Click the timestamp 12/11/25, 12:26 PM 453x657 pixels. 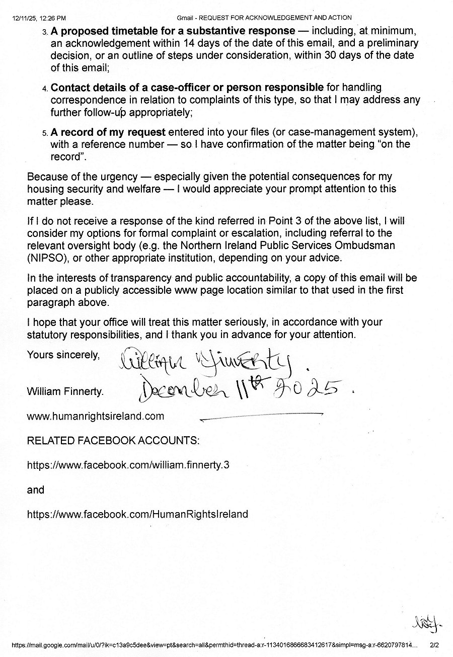tap(39, 18)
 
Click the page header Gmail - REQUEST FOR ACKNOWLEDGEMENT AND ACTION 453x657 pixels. tap(264, 18)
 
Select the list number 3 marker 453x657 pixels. tap(44, 32)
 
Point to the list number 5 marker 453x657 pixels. tap(44, 133)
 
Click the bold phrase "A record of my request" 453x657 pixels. tap(108, 132)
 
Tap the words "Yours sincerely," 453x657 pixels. tap(63, 355)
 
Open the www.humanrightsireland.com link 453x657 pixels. tap(96, 416)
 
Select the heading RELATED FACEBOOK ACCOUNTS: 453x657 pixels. tap(113, 441)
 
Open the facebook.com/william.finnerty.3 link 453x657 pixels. tap(128, 465)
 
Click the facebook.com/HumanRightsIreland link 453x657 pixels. tap(137, 514)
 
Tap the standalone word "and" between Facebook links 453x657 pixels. tap(36, 489)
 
